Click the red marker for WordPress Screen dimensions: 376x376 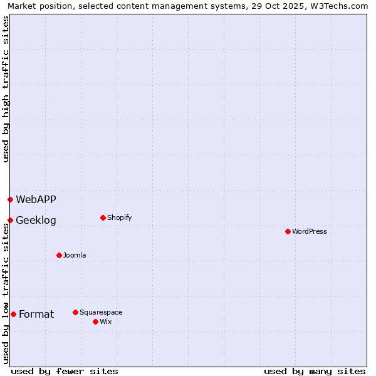point(288,231)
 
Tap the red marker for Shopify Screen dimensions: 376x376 point(103,217)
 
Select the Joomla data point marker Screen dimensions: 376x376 point(59,255)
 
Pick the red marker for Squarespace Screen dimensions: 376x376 point(75,312)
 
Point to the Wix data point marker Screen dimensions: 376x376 point(95,321)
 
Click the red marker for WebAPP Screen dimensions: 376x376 point(10,199)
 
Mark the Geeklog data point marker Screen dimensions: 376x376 point(10,220)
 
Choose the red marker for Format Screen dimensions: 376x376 point(13,314)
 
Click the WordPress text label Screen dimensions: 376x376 point(310,231)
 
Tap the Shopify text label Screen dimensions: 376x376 point(119,217)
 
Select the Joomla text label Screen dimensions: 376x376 point(75,255)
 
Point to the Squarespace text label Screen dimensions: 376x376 point(101,312)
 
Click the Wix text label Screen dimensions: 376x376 point(105,321)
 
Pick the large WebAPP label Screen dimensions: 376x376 point(36,199)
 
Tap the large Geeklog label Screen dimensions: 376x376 point(36,220)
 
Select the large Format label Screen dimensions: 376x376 point(36,314)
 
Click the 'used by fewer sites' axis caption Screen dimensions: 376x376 point(65,371)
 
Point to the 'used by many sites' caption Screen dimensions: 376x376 point(315,371)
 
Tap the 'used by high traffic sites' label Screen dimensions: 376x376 point(6,89)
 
